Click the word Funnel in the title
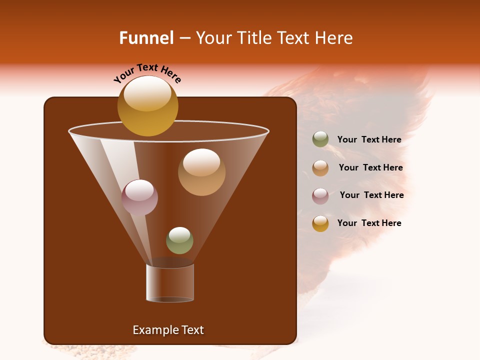(146, 38)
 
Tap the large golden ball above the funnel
(147, 105)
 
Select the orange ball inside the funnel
(201, 172)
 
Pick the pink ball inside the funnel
(139, 197)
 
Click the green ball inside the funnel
(179, 240)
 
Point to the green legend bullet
(320, 139)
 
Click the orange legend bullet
(320, 168)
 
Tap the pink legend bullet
(320, 196)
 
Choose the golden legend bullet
(320, 223)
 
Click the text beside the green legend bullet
(369, 140)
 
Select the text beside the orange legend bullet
(370, 168)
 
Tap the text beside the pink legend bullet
(371, 195)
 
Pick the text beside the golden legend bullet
(369, 223)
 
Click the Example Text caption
(168, 330)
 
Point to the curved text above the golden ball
(147, 73)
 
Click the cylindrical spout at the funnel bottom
(170, 283)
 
